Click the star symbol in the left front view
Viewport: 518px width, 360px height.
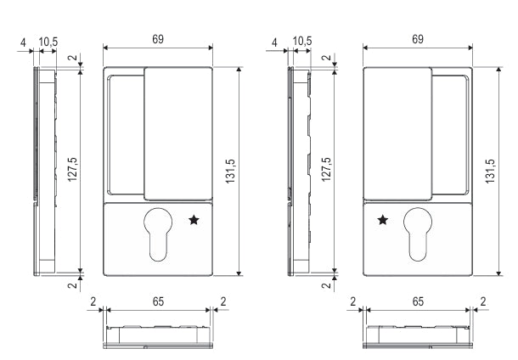pos(194,220)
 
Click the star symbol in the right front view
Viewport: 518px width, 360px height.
pos(383,220)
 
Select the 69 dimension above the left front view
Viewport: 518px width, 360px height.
pos(157,40)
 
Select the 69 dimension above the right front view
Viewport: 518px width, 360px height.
pos(417,40)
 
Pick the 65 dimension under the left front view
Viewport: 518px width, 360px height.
pos(157,301)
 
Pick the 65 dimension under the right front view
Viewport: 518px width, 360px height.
pos(418,301)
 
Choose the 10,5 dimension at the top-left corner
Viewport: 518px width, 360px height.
pos(48,41)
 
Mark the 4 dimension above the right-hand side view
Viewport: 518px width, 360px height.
pos(274,41)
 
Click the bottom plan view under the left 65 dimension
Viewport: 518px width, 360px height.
pos(157,335)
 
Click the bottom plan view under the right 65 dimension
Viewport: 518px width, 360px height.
pos(418,335)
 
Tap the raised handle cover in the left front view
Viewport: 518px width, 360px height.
pos(177,132)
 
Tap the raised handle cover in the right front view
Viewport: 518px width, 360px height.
pos(397,132)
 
